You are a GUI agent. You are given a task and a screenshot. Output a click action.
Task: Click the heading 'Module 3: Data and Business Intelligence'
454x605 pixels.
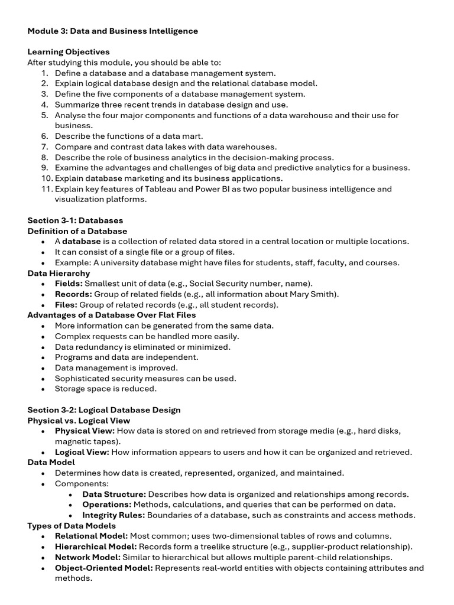pos(113,31)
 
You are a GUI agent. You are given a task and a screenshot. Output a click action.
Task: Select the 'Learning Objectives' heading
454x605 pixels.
pos(69,52)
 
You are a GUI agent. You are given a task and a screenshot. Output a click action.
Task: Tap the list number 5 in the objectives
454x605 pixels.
pos(44,115)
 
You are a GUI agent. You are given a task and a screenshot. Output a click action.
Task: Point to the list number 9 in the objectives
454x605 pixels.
pos(44,168)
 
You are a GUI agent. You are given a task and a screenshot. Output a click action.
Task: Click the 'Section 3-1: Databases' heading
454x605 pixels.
pos(76,220)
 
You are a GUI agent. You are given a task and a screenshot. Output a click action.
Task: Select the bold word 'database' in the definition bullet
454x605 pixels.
pos(82,242)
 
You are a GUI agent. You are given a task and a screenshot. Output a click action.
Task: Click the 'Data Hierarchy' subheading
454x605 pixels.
pos(59,273)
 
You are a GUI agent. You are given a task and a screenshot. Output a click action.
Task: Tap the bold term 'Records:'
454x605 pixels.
pos(73,294)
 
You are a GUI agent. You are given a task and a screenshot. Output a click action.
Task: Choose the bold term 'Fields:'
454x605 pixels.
pos(70,284)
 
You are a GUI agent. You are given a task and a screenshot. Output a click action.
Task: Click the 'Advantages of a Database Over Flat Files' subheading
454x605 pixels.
pos(112,315)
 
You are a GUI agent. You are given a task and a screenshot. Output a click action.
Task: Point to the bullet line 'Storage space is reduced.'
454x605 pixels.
pos(106,389)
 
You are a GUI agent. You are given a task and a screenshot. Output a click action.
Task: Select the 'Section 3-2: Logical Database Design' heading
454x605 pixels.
pos(104,410)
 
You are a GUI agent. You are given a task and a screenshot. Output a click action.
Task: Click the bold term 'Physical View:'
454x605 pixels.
pos(85,431)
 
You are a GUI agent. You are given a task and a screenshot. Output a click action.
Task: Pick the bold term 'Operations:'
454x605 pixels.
pos(106,505)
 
